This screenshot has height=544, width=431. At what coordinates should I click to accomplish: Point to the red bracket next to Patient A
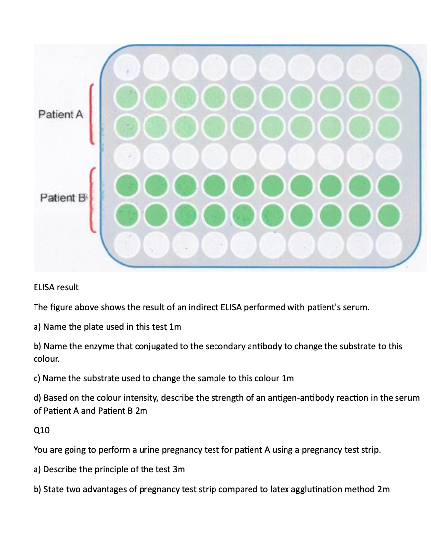(91, 114)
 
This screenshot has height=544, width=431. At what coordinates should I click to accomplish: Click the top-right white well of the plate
(389, 68)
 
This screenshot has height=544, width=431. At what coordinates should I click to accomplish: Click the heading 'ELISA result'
(56, 287)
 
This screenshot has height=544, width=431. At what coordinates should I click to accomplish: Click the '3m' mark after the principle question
(179, 469)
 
